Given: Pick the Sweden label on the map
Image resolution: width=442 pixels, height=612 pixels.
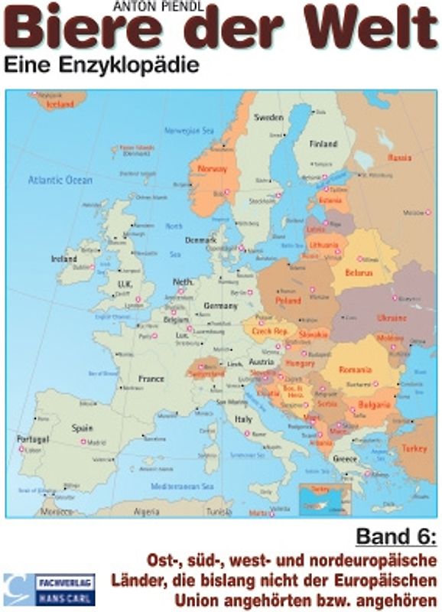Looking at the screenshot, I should click(x=268, y=118).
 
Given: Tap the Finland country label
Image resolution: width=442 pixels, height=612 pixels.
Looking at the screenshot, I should click(x=323, y=144).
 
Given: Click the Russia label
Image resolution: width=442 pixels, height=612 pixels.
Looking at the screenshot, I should click(x=399, y=158).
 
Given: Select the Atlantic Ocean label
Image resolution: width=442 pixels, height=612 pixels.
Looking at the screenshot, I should click(x=60, y=181).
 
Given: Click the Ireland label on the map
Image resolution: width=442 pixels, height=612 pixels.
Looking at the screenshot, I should click(x=65, y=259).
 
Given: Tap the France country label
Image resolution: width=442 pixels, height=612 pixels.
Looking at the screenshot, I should click(x=151, y=378).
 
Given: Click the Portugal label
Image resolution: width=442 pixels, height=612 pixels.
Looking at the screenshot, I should click(x=32, y=440).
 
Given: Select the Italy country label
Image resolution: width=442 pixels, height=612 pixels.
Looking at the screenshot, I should click(x=243, y=419).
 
